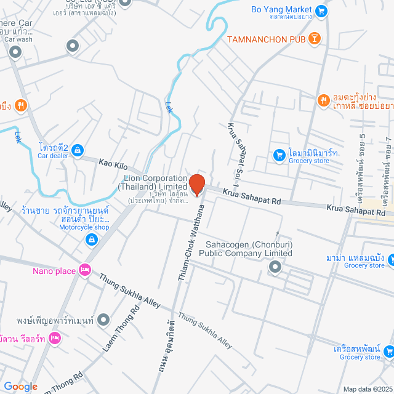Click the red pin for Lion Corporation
pos(196,185)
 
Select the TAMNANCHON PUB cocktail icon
pos(315,39)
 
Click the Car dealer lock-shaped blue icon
pos(78,150)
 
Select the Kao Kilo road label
pos(113,164)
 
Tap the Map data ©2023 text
pos(368,389)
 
